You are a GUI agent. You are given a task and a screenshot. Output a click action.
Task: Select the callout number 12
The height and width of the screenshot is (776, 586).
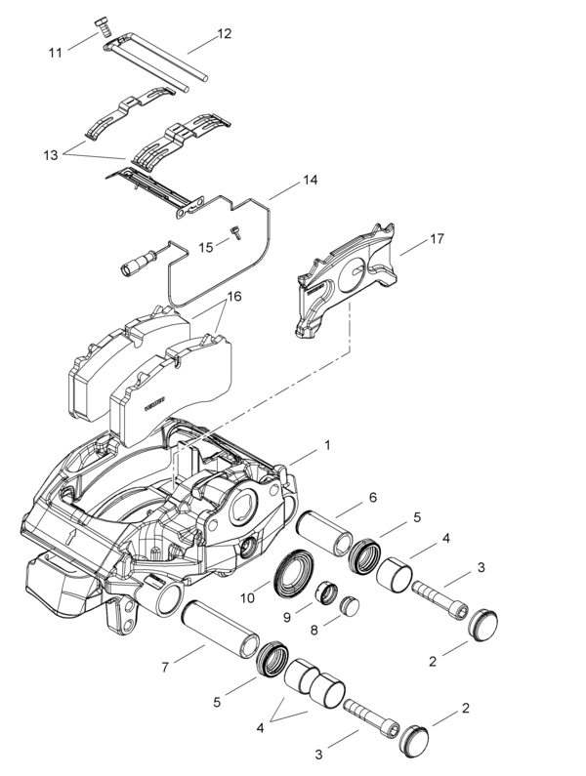(x=224, y=33)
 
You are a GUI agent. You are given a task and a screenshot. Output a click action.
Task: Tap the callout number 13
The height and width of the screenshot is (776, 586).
(x=51, y=154)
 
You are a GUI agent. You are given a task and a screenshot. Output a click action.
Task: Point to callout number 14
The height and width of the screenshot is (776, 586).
(x=309, y=181)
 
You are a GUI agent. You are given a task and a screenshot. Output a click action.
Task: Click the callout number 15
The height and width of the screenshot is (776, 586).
(x=205, y=246)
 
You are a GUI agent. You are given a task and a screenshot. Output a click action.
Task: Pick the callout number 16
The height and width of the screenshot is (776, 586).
(x=234, y=296)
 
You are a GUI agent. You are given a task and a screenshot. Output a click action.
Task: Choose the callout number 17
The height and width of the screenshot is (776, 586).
(x=438, y=237)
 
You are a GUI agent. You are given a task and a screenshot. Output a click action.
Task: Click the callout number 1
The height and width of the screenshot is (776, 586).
(x=327, y=444)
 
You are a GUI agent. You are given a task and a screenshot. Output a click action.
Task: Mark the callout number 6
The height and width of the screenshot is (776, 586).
(x=372, y=498)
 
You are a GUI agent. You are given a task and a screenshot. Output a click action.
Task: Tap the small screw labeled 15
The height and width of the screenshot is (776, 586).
(x=235, y=232)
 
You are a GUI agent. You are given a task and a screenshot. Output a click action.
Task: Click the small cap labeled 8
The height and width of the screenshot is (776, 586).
(x=350, y=606)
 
